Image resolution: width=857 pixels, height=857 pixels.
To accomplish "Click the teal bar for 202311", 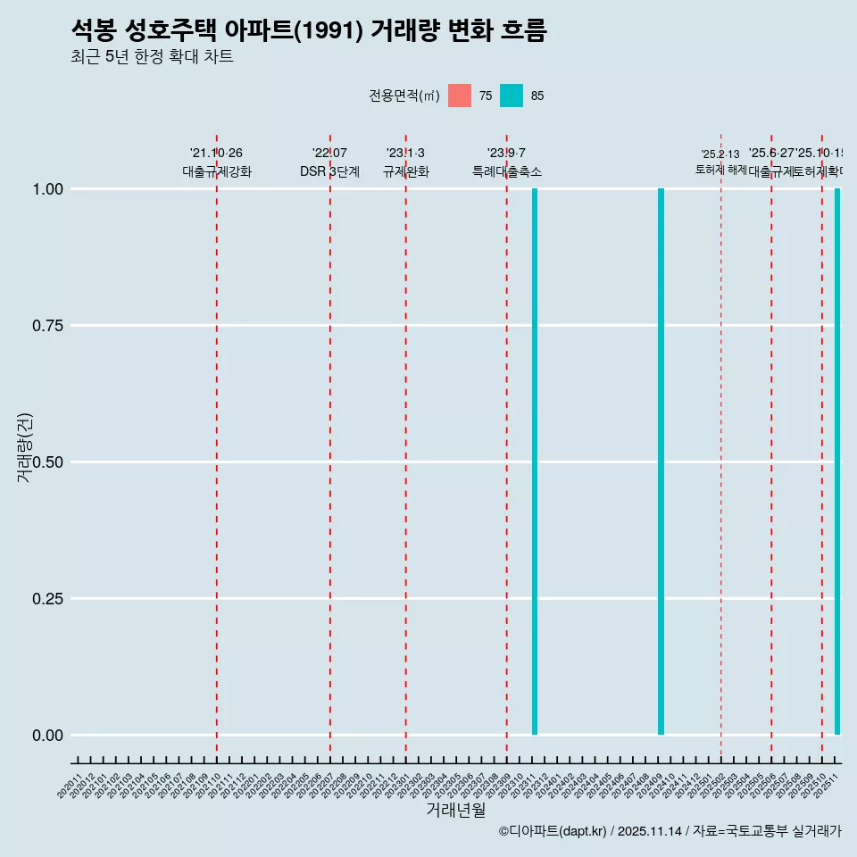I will coord(535,462).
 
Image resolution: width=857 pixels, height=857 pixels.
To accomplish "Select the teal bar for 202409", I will coord(661,462).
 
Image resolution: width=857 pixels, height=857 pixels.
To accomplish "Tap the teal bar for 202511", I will coord(837,462).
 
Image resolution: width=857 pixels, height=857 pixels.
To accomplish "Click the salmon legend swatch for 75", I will coord(460,96).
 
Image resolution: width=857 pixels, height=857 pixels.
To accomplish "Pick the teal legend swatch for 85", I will coord(512,96).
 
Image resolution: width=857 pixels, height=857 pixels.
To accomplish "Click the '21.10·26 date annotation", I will coord(216,154).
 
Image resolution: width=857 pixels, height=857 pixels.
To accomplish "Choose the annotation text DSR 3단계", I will coord(329,171).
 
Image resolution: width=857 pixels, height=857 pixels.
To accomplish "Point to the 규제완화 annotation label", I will coord(406,171).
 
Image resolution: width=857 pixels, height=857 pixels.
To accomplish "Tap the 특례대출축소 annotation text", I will coord(507,171).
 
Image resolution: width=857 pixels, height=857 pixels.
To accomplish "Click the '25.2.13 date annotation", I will coord(720,154).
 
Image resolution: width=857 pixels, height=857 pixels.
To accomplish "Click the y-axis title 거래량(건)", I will coord(25,447).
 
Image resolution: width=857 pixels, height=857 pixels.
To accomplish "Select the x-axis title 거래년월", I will coord(455,811).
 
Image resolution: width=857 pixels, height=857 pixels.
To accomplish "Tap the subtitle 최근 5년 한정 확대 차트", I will coord(152,57).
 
